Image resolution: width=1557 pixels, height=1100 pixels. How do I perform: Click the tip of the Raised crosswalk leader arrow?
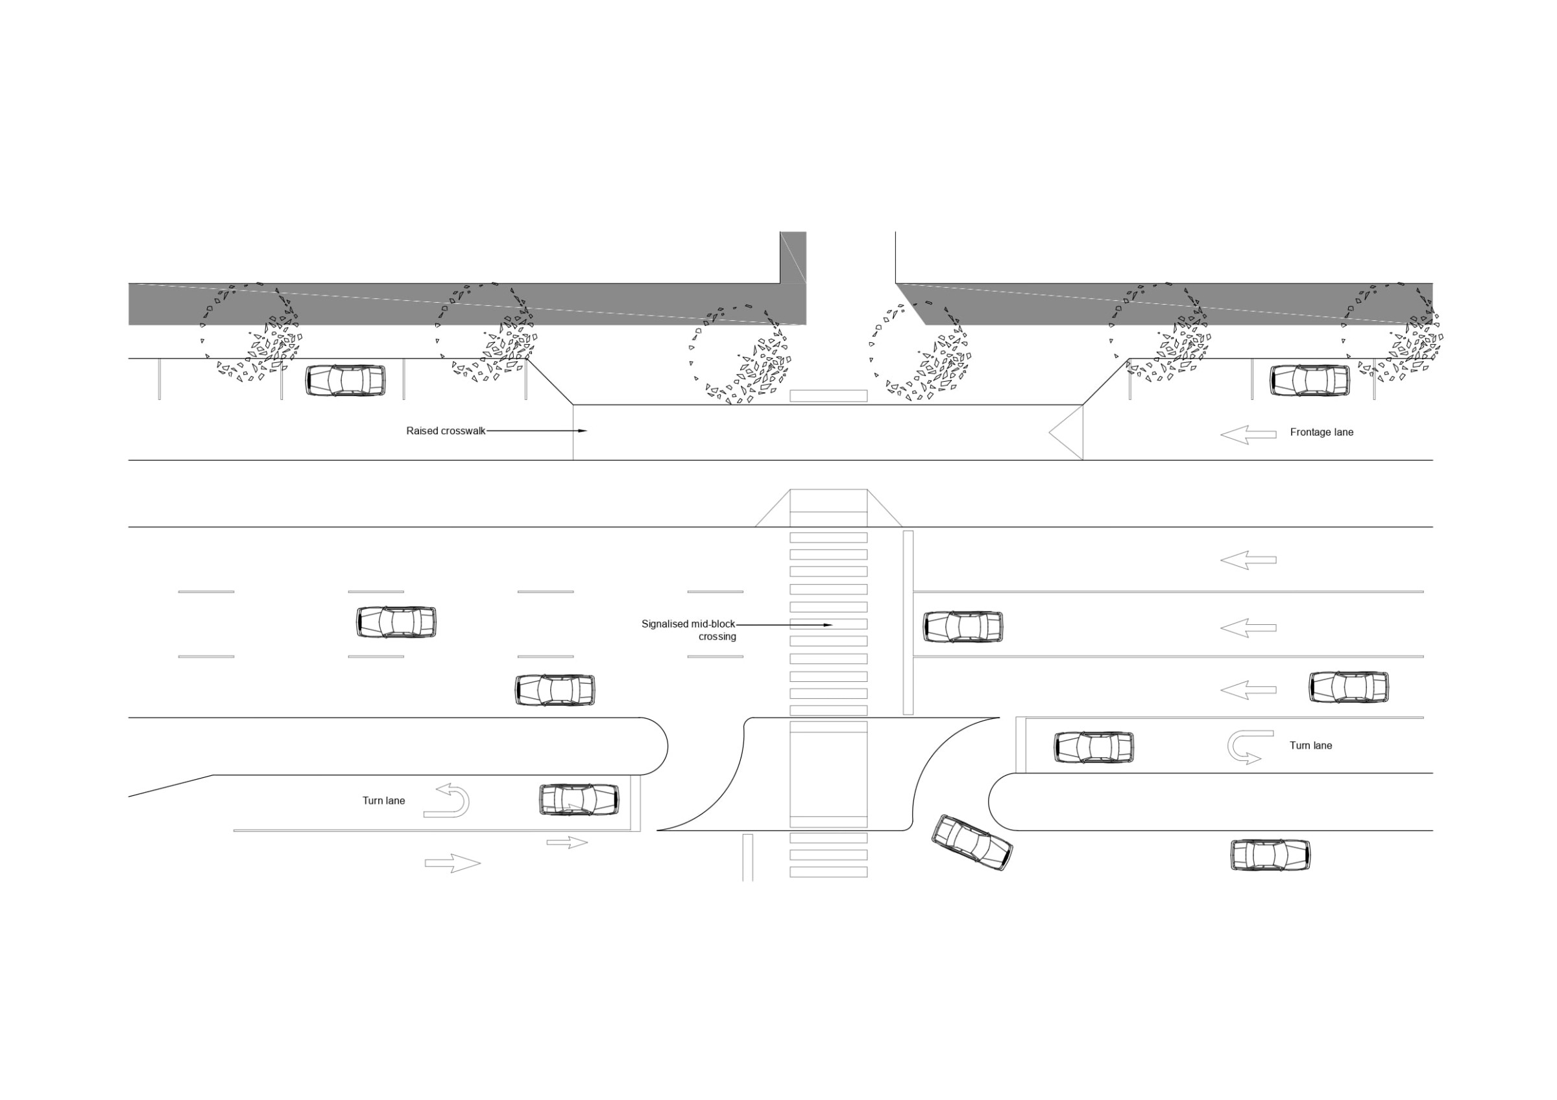587,431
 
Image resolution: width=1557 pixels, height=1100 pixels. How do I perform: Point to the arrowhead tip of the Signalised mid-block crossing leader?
832,625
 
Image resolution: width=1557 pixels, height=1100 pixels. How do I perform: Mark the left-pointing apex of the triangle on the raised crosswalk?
1049,432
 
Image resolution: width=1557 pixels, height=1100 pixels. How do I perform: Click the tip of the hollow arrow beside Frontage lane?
1222,434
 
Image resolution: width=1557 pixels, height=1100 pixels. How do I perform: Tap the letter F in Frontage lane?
1293,432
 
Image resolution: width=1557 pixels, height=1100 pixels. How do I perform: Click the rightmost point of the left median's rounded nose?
668,746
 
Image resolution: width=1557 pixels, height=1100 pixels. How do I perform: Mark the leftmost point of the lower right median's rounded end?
989,802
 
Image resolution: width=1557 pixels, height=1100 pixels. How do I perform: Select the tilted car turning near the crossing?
972,843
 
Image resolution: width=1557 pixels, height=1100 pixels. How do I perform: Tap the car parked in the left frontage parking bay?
345,380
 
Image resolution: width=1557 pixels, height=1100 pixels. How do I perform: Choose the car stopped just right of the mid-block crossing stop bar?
963,626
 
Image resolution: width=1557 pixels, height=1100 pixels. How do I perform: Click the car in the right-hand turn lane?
1094,747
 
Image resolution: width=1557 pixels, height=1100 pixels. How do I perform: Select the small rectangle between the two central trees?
828,396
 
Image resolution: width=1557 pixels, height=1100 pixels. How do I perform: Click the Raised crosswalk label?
446,431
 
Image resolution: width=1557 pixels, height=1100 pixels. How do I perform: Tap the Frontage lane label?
1322,432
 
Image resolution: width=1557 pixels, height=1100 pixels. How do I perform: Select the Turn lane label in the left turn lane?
384,801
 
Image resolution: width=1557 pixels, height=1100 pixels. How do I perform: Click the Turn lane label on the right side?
1311,745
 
